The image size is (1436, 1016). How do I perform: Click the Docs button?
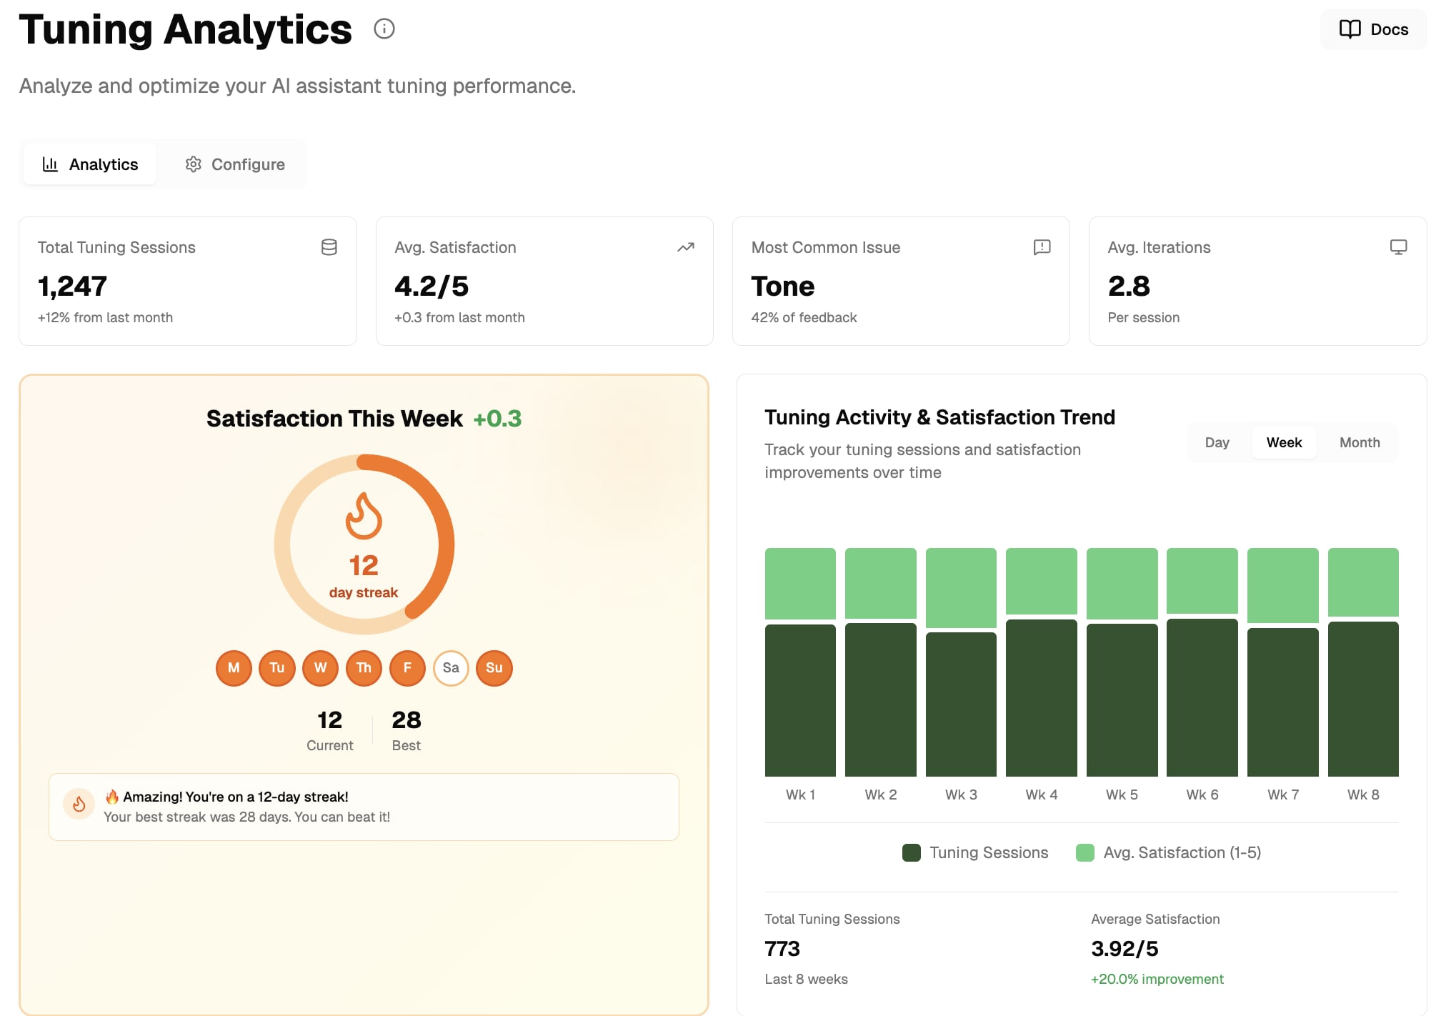1373,29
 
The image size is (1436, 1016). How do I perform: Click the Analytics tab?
90,164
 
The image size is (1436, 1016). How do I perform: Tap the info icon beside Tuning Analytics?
384,29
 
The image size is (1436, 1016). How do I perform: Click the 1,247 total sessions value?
72,287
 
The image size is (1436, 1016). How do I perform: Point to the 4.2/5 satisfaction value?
432,287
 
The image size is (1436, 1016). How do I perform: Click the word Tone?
782,287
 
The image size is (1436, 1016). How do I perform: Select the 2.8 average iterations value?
1129,287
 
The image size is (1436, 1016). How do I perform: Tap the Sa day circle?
451,668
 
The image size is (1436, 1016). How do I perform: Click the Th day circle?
364,668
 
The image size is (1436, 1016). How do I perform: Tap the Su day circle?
494,668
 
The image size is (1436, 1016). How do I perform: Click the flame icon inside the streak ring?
364,515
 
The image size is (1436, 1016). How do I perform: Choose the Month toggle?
1359,442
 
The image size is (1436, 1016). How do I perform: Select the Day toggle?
1217,442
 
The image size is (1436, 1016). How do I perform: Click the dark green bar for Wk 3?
961,704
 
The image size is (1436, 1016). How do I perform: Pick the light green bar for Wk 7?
1282,585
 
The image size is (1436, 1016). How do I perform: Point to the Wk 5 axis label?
1122,795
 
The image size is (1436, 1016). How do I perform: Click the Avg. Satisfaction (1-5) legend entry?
1169,852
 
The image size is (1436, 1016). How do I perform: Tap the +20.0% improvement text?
1157,979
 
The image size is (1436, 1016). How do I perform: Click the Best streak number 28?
406,719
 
